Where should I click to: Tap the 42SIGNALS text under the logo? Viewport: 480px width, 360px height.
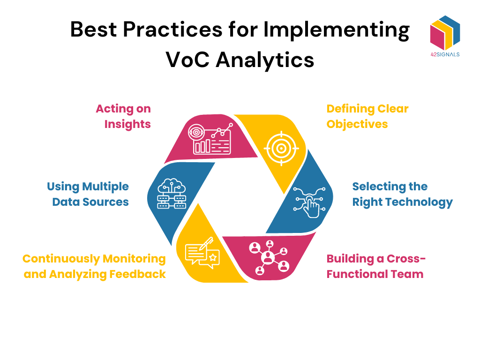(x=444, y=54)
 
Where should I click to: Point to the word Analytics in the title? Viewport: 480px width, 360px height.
(x=267, y=60)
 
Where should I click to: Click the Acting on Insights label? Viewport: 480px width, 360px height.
(x=124, y=116)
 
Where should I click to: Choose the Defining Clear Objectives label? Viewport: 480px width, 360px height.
(x=367, y=116)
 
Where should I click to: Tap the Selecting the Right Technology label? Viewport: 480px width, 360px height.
(x=402, y=194)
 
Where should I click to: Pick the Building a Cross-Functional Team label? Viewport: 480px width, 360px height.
(x=376, y=266)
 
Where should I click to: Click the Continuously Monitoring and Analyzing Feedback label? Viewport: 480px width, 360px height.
(x=94, y=266)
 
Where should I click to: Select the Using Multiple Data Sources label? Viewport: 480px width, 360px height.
(x=88, y=194)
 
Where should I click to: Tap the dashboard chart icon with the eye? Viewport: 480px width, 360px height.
(x=210, y=138)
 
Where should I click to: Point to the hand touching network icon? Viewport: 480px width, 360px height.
(x=309, y=202)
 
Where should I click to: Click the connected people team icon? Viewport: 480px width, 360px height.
(x=269, y=257)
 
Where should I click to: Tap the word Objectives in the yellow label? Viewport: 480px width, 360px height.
(x=357, y=124)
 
